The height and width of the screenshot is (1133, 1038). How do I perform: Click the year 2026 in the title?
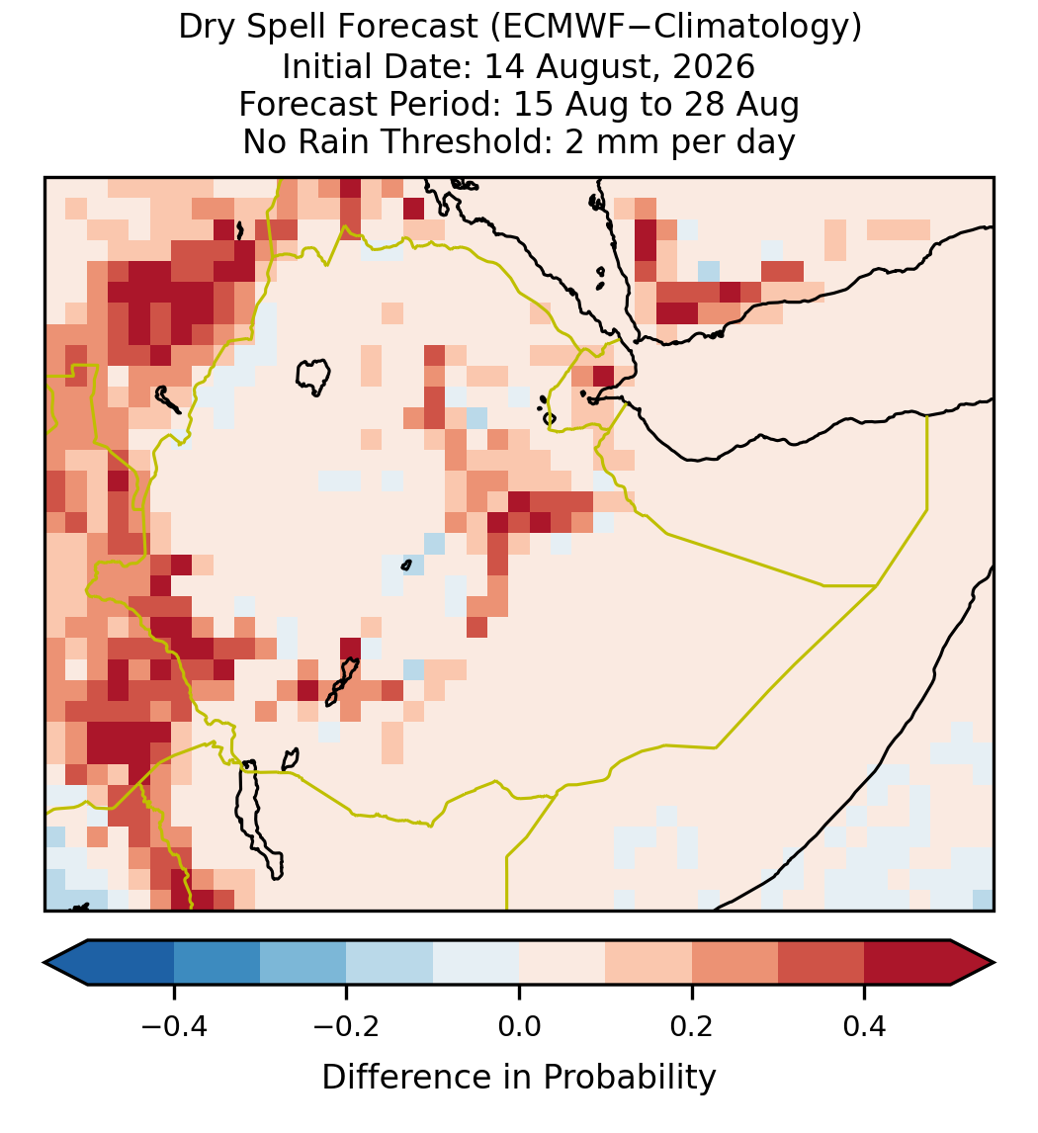point(714,66)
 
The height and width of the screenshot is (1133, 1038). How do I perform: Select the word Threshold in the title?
point(467,141)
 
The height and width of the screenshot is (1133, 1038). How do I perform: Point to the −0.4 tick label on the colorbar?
point(174,1026)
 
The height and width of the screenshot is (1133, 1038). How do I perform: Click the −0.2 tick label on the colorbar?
point(347,1026)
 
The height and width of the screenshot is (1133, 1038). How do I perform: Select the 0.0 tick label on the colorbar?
point(519,1026)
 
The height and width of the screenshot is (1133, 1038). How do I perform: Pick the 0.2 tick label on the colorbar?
point(692,1026)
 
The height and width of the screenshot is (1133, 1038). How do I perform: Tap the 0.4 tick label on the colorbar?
point(865,1026)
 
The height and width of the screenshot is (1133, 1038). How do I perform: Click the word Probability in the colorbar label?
point(630,1078)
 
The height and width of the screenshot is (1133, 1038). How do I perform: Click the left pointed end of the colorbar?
point(44,963)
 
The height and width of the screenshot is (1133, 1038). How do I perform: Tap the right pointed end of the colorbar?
point(995,963)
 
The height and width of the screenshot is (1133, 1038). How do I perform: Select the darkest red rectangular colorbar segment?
point(908,963)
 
